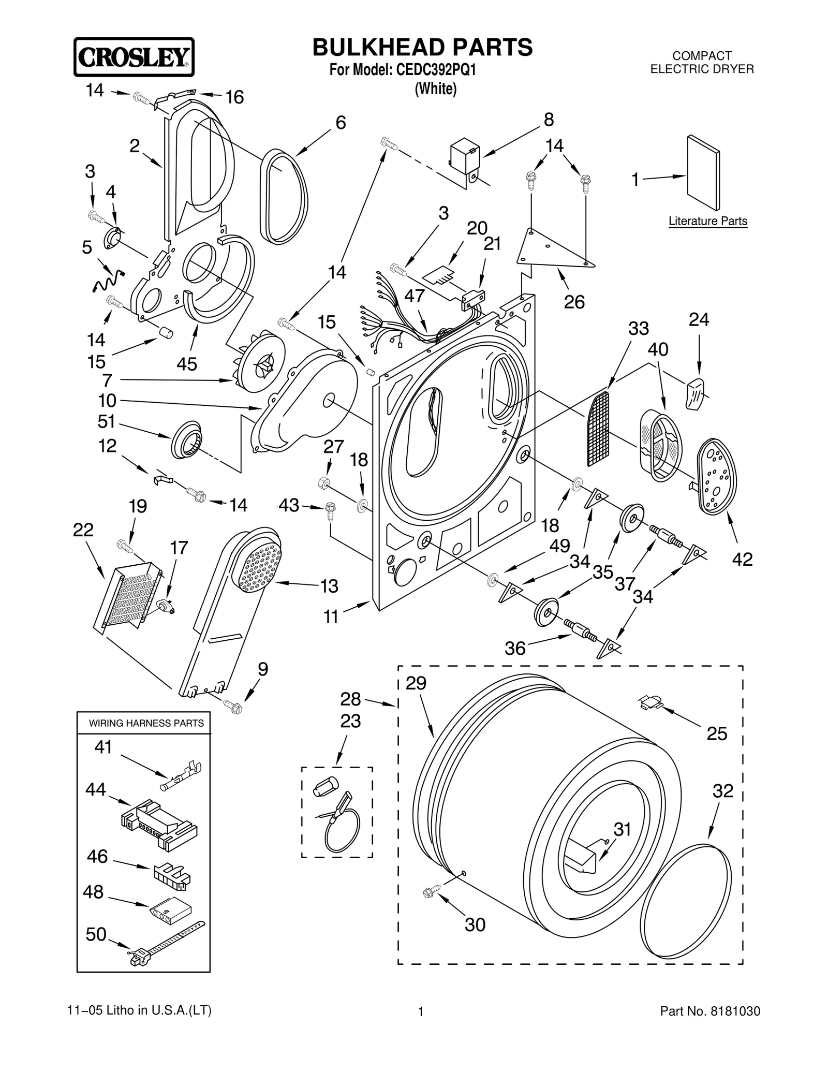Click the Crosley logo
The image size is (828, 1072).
click(134, 57)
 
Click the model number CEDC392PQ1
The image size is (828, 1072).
click(436, 70)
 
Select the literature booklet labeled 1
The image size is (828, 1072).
click(703, 173)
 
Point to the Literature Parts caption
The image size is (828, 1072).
click(707, 222)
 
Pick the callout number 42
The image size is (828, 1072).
click(742, 559)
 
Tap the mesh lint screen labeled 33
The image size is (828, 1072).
click(599, 429)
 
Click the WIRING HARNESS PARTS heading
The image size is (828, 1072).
click(146, 723)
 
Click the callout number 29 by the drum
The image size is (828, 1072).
click(416, 683)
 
